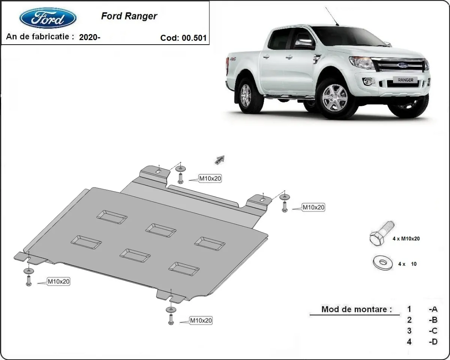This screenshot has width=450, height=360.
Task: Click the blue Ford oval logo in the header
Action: click(48, 18)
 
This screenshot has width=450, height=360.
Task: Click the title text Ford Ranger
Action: click(129, 16)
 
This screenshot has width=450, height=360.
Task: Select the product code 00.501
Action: click(194, 38)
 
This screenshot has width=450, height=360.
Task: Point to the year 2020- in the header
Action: click(90, 37)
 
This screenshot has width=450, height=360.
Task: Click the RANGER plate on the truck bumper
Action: click(405, 80)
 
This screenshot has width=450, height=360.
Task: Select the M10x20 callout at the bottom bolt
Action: click(201, 321)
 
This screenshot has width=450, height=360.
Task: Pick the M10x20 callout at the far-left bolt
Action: click(58, 282)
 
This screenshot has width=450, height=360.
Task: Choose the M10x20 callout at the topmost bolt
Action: click(210, 179)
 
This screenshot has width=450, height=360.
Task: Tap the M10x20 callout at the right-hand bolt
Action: click(313, 207)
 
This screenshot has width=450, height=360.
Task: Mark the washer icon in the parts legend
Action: click(383, 262)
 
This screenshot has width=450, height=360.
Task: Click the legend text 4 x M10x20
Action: click(406, 238)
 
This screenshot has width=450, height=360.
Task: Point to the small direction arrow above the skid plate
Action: click(219, 160)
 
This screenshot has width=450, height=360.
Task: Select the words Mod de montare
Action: click(356, 309)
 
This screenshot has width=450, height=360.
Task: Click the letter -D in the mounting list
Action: click(433, 342)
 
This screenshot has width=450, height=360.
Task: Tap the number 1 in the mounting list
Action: click(409, 309)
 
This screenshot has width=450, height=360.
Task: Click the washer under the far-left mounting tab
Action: click(28, 271)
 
